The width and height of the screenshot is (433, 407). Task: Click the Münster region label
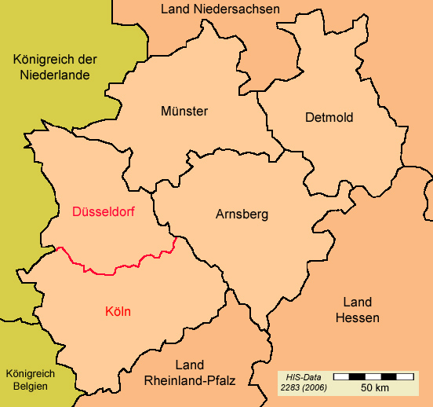click(x=184, y=112)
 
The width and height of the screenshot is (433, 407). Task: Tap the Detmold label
click(x=329, y=118)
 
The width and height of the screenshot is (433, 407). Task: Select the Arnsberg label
click(x=242, y=214)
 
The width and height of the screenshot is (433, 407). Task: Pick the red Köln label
click(x=118, y=312)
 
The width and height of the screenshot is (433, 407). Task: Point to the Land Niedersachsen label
click(x=220, y=9)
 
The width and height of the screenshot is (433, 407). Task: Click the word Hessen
click(x=357, y=318)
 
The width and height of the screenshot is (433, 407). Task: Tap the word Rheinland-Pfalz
click(x=190, y=380)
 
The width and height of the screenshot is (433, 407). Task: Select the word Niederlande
click(x=54, y=75)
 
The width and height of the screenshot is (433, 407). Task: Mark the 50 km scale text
click(x=375, y=388)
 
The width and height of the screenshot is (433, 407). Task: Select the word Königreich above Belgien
click(x=30, y=373)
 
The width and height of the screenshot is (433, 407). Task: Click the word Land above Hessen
click(x=357, y=302)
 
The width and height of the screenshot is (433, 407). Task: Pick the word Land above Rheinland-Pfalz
click(x=190, y=365)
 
